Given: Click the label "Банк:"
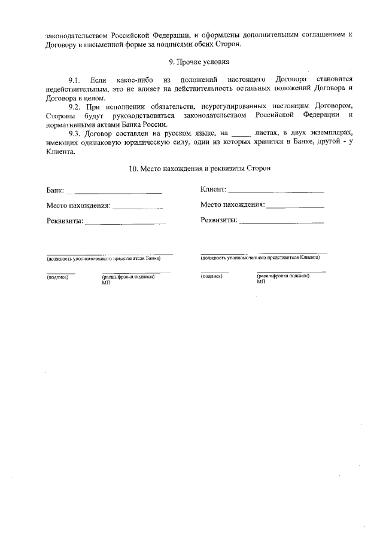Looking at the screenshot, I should [x=55, y=191].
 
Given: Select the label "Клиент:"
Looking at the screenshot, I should [x=213, y=189].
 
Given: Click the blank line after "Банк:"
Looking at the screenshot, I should [x=114, y=192].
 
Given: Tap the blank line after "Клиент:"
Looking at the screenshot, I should [x=276, y=191].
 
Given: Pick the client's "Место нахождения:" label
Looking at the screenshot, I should [x=233, y=204].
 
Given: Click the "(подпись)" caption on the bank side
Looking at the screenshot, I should [x=58, y=277].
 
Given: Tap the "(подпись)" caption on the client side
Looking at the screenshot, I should [x=212, y=276].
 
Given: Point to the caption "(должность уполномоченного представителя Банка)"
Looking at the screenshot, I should [x=104, y=259].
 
